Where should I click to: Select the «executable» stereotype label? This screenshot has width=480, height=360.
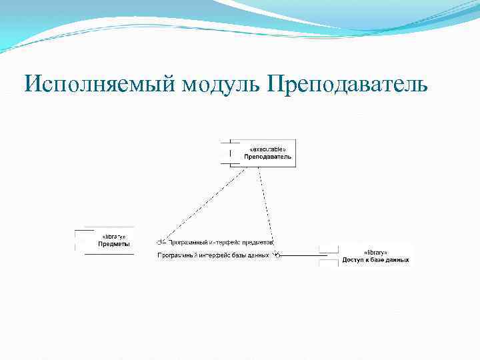(267, 149)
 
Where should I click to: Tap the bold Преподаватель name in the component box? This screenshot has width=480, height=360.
(267, 157)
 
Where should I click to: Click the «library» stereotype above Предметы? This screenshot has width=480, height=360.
(113, 237)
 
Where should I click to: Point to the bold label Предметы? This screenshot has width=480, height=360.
(114, 244)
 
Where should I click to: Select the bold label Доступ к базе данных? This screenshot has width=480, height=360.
(375, 261)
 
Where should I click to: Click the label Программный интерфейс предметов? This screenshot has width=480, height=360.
(220, 242)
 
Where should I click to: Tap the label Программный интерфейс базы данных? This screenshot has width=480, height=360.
(213, 255)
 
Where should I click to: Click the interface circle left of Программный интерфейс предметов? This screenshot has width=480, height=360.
(161, 242)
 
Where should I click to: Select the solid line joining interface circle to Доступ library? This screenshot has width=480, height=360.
(300, 254)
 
